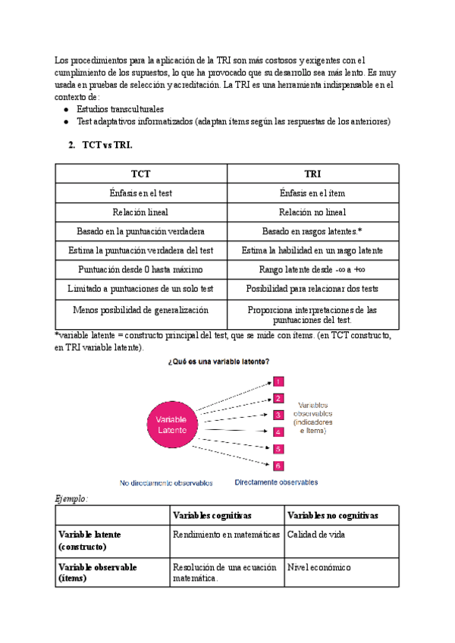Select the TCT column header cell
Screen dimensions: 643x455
[141, 174]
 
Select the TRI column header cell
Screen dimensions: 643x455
[313, 174]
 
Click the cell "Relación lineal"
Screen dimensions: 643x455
[141, 212]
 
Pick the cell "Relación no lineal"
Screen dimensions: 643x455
[313, 212]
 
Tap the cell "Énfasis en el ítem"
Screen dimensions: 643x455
[313, 193]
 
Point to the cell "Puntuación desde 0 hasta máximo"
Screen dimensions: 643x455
[141, 269]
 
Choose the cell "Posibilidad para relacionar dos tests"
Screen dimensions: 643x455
[313, 289]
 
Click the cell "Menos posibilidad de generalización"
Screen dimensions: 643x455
[141, 310]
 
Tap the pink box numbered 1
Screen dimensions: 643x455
[278, 382]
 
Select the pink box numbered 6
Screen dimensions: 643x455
[278, 466]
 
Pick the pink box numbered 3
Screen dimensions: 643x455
[278, 415]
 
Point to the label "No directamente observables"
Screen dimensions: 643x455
[166, 482]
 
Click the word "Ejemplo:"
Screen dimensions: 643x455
[71, 499]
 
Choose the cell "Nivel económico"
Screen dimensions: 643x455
[318, 567]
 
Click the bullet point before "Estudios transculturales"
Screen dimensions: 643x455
[66, 110]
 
